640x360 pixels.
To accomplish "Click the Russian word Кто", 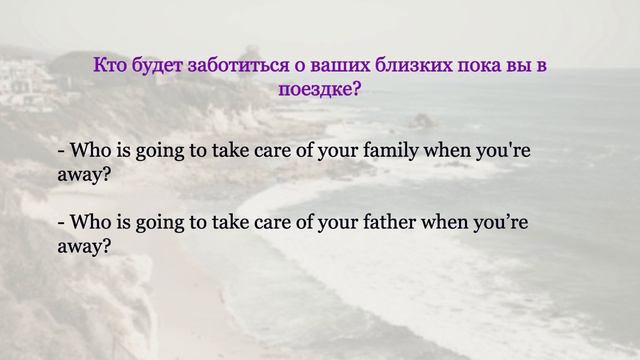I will coord(108,66).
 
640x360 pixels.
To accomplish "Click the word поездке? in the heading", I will coord(319,89).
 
